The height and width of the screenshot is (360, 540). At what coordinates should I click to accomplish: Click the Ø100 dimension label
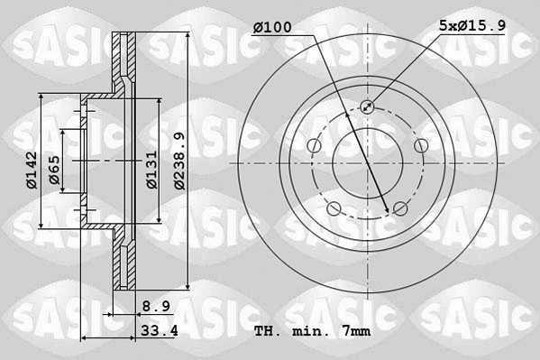(272, 27)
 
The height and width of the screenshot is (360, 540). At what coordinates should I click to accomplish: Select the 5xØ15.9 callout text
(472, 25)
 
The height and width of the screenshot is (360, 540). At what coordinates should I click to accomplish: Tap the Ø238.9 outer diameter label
(179, 161)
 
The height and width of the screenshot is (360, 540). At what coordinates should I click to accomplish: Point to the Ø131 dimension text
(151, 170)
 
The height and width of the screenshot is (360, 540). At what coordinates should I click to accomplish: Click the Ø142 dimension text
(32, 170)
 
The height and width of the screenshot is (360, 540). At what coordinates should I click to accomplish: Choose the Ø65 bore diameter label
(54, 170)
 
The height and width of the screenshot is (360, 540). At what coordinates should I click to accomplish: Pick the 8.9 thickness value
(156, 306)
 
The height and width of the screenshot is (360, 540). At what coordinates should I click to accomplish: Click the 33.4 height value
(159, 330)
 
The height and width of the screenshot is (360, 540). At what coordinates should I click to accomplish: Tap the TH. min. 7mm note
(312, 331)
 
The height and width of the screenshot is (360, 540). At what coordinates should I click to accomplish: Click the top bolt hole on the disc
(367, 106)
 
